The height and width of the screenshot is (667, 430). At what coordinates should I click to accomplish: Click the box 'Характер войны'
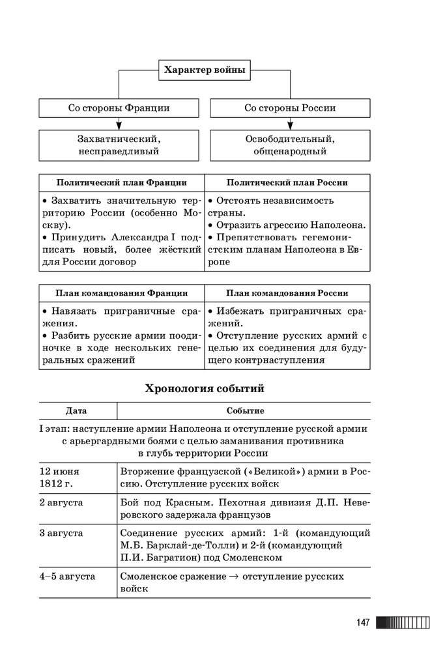(205, 70)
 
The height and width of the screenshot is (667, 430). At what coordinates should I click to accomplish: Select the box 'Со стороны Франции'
(119, 108)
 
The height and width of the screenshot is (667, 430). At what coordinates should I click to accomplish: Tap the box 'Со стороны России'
(290, 108)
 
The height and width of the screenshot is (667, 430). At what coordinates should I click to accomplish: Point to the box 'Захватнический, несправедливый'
(119, 145)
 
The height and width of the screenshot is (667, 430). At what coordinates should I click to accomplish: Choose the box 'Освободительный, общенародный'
(290, 145)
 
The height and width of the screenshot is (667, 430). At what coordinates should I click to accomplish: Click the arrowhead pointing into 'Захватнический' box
(119, 126)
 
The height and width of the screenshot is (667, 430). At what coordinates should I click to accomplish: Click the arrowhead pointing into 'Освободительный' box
(290, 126)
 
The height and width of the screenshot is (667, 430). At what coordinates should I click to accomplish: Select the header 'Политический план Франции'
(121, 183)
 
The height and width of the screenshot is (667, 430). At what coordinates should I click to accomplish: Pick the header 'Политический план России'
(287, 183)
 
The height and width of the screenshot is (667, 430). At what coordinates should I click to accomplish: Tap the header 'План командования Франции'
(121, 293)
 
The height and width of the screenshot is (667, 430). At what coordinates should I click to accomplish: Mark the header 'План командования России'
(287, 293)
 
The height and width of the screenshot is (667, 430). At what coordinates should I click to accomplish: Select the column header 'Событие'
(244, 411)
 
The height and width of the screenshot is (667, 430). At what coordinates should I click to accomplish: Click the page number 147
(363, 623)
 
